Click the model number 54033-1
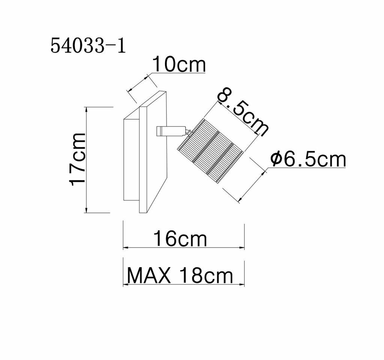(88, 46)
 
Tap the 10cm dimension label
(179, 64)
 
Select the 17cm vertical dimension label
(78, 159)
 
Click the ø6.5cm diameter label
(308, 159)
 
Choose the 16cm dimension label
(180, 238)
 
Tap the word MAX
(149, 276)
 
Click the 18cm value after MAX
(206, 276)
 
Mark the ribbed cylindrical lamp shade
(210, 150)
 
